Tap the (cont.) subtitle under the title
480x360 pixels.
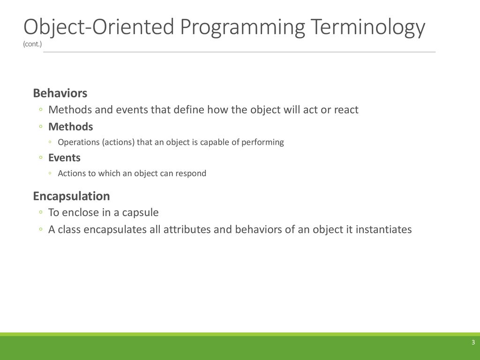(x=32, y=44)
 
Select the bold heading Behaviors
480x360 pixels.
(x=60, y=93)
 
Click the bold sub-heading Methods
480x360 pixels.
(x=71, y=127)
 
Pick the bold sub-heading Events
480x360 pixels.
(x=64, y=157)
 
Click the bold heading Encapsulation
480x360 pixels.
(x=71, y=196)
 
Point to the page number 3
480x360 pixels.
(x=473, y=342)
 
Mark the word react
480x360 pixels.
(x=346, y=110)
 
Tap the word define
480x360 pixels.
(x=188, y=109)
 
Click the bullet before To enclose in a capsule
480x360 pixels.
(x=41, y=212)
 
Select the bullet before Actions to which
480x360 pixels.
(x=50, y=173)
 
